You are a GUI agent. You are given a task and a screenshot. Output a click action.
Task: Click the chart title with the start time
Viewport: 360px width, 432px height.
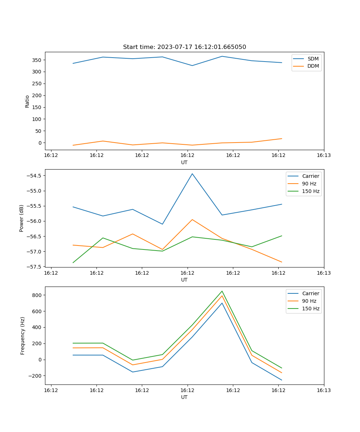point(184,47)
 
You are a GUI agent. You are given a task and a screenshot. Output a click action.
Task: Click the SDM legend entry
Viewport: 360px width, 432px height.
point(313,59)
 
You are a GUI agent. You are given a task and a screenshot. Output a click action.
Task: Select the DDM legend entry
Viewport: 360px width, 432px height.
point(313,66)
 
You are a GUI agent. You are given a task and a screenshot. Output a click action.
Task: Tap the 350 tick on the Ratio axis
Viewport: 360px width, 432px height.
point(37,60)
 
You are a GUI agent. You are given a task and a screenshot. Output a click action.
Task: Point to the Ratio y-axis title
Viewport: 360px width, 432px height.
point(27,101)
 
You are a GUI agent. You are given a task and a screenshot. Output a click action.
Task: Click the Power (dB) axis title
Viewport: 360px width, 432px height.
point(22,218)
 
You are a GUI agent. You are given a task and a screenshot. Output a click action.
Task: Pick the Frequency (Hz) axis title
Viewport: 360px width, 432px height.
point(23,336)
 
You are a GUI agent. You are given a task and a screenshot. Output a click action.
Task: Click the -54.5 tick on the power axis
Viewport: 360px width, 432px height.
point(33,176)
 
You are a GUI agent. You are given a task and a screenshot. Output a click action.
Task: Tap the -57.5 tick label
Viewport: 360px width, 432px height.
point(33,267)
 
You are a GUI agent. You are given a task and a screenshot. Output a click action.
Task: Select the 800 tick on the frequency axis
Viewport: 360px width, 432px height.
point(36,295)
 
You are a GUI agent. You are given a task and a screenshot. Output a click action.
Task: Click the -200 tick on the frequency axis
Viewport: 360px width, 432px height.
point(35,376)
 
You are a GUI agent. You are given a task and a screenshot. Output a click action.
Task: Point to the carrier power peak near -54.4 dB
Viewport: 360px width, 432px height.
point(192,174)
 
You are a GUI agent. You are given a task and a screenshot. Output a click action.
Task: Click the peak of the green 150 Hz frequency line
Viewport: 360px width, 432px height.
point(222,291)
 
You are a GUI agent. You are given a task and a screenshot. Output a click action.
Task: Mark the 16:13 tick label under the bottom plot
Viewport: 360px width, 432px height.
point(324,390)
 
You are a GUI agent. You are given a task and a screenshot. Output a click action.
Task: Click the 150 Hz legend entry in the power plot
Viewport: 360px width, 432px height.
point(311,191)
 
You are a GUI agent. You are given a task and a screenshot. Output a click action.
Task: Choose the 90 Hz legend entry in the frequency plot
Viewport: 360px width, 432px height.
point(309,301)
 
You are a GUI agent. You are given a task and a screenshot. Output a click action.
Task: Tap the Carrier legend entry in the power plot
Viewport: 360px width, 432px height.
point(310,176)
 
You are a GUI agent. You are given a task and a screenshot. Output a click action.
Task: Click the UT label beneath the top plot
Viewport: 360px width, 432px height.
point(184,162)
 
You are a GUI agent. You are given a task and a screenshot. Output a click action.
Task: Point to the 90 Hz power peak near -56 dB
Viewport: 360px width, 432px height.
point(192,220)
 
